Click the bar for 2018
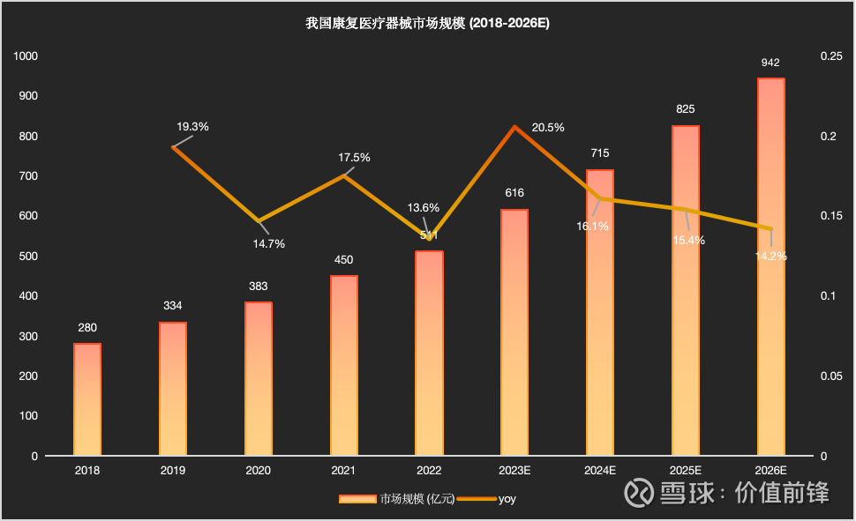87,399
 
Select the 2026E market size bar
771,267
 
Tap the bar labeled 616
514,332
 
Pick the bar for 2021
344,366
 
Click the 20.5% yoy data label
548,127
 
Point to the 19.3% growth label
192,126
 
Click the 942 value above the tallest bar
770,63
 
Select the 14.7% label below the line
269,244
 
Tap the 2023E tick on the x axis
514,471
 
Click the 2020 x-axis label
259,471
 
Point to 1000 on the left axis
27,56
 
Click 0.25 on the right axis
831,56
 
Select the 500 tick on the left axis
30,256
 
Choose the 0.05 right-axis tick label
831,376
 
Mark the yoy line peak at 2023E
514,127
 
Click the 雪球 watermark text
686,492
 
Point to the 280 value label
87,328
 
